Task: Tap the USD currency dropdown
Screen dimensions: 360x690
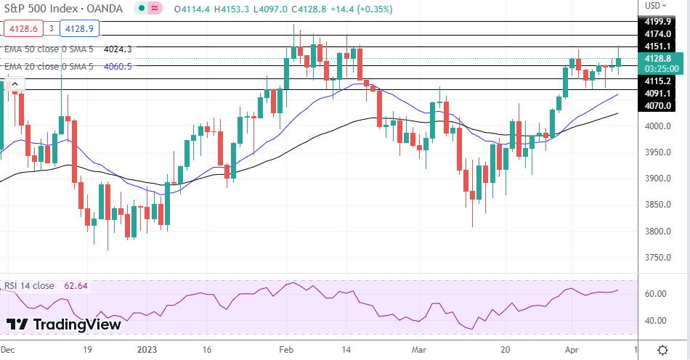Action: click(654, 6)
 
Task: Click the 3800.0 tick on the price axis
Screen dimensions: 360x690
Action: click(657, 232)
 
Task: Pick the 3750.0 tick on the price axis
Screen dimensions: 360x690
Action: click(657, 258)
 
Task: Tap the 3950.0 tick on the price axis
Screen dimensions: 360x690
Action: click(657, 152)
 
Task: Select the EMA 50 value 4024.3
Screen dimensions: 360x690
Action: click(118, 49)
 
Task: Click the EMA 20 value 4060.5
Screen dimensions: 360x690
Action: click(118, 66)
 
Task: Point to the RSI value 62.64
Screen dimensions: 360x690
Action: click(76, 286)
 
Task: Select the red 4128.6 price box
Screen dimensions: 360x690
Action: click(21, 29)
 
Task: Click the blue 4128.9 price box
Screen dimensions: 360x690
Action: click(79, 29)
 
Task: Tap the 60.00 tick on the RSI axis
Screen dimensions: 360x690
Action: click(656, 294)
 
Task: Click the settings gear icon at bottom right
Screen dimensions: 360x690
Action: click(662, 349)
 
